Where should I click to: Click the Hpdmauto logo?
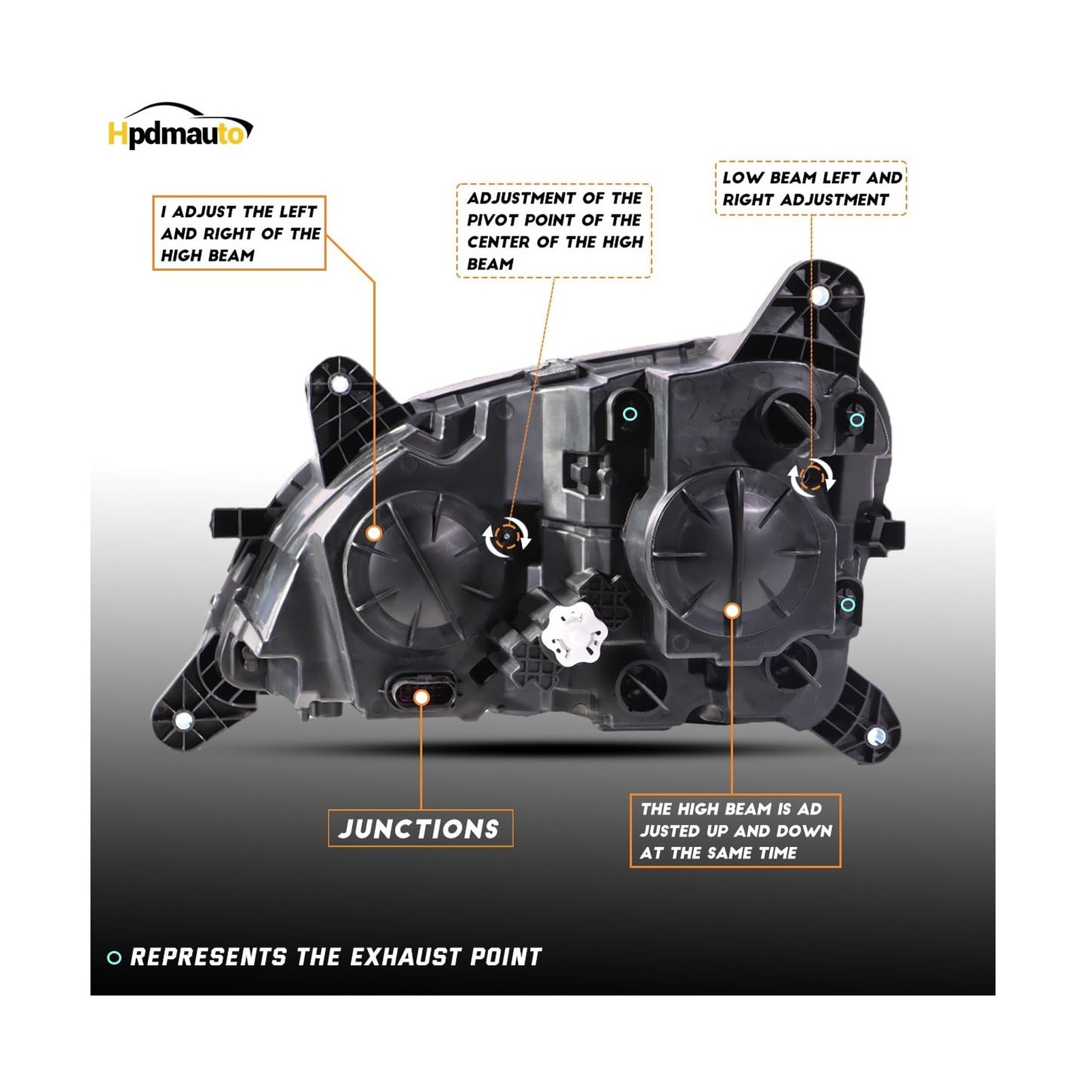181,127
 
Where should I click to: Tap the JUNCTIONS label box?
420,828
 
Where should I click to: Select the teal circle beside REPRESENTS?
114,958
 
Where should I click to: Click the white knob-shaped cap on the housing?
575,632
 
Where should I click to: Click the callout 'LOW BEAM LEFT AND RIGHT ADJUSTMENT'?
811,189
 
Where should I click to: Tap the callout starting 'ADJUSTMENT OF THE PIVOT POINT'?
554,231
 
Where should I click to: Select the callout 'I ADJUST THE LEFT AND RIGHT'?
239,233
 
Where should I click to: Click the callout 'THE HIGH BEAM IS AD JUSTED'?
735,831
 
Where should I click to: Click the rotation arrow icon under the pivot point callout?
507,537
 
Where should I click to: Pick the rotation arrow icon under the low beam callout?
812,477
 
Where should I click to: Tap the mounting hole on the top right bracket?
820,295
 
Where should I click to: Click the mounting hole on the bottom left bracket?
184,719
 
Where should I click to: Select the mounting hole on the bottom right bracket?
875,736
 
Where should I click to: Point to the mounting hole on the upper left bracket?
339,384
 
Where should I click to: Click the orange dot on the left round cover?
373,533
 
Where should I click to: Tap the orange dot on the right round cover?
732,611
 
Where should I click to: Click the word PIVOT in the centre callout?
492,220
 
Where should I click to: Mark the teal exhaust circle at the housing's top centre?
630,413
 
